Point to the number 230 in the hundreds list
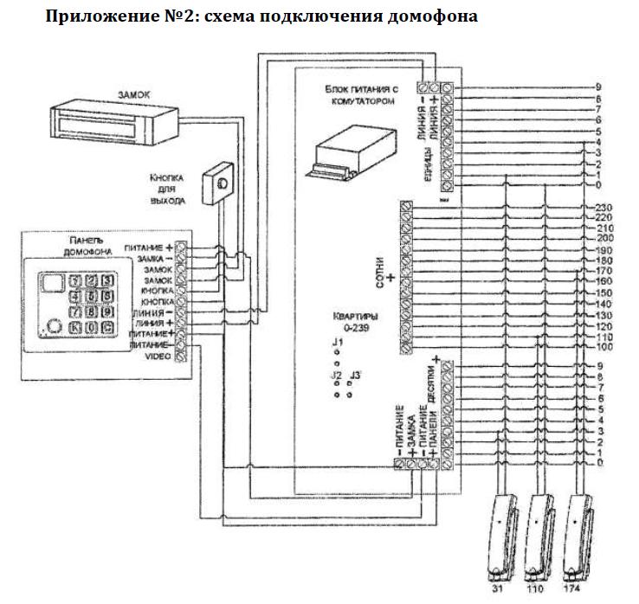[x=604, y=207]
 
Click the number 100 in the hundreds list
[x=604, y=347]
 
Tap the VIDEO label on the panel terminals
[x=158, y=356]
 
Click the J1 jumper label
[x=337, y=344]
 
